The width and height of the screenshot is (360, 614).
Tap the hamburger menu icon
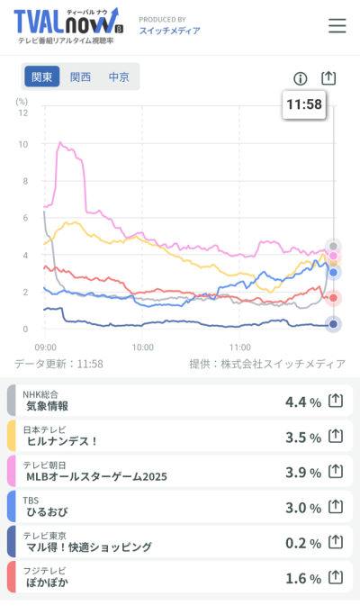click(x=337, y=25)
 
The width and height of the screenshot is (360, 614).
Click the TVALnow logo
click(x=69, y=26)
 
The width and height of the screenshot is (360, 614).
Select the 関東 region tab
click(x=42, y=77)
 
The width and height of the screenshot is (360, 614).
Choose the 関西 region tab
click(x=80, y=77)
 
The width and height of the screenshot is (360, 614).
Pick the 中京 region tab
click(x=119, y=77)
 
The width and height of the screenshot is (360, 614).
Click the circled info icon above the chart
click(x=300, y=78)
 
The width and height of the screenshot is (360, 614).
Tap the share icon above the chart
click(x=328, y=78)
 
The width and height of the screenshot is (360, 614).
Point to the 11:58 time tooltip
click(x=304, y=104)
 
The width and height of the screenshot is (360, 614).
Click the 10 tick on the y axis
click(x=23, y=144)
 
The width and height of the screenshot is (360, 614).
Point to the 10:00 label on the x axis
click(x=142, y=348)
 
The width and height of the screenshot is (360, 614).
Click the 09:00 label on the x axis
click(x=45, y=348)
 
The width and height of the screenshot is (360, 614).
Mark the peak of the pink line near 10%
click(x=60, y=142)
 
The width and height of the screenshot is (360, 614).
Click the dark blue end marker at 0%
click(x=333, y=324)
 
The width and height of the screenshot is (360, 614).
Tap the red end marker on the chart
click(x=333, y=298)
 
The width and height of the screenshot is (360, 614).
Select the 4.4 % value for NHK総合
click(x=303, y=402)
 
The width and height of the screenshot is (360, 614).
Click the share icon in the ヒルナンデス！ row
click(x=336, y=436)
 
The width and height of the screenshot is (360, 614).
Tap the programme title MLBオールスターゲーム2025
click(x=96, y=476)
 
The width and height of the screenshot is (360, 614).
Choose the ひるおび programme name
click(x=47, y=511)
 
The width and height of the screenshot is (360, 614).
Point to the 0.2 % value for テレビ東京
click(x=303, y=543)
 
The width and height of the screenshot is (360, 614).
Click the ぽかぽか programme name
click(x=47, y=582)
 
